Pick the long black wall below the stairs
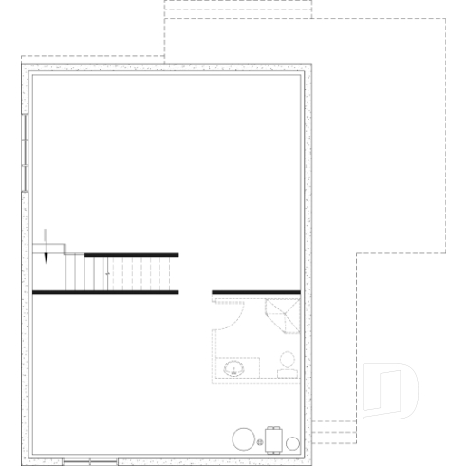point(105,292)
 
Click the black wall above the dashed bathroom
point(255,292)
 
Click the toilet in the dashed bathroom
point(286,363)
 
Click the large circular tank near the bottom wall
point(245,439)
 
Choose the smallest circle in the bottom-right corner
point(292,443)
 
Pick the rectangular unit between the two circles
point(273,439)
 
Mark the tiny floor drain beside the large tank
point(260,443)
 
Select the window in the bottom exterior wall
point(90,461)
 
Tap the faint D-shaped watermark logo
point(391,389)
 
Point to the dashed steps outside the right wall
point(332,432)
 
